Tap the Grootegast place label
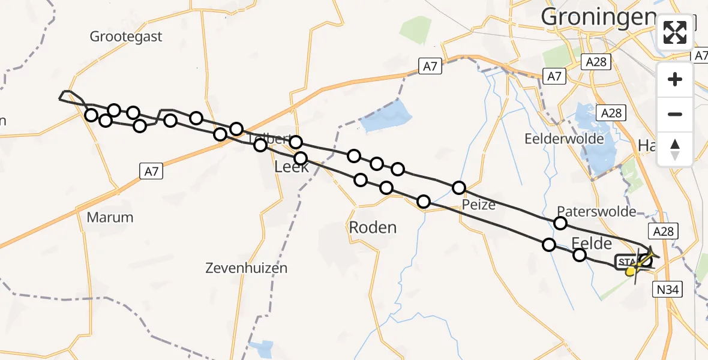pos(126,37)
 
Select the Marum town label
pos(110,217)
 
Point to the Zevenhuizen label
pos(245,268)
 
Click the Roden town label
pos(373,227)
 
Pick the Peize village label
pos(479,205)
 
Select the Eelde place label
pos(592,243)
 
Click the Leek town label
pos(292,167)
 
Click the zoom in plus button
pos(675,79)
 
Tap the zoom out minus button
pos(675,114)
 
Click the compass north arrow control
pos(675,149)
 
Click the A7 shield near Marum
pos(152,172)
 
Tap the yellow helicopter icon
pos(632,271)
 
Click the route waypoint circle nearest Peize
pos(459,188)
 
